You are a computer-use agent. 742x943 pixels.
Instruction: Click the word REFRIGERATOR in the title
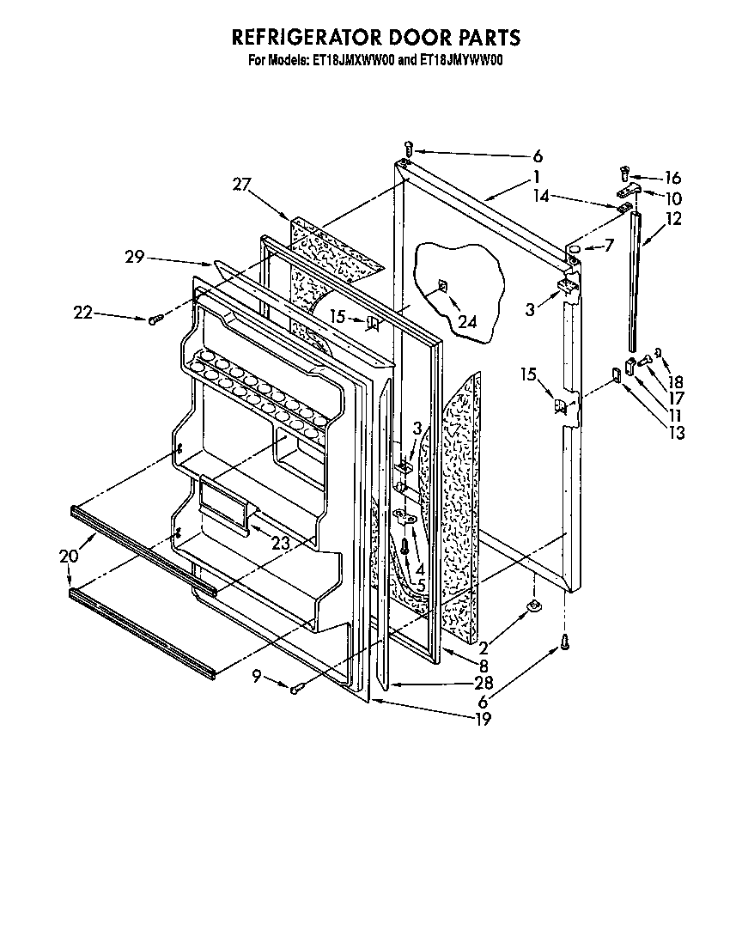pyautogui.click(x=301, y=39)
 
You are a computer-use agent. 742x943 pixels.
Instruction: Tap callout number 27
pyautogui.click(x=241, y=183)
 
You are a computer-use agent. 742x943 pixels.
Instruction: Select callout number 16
pyautogui.click(x=672, y=178)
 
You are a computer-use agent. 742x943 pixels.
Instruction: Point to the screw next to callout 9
pyautogui.click(x=295, y=688)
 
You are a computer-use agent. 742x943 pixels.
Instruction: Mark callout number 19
pyautogui.click(x=483, y=720)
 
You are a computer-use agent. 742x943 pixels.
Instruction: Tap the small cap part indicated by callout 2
pyautogui.click(x=533, y=609)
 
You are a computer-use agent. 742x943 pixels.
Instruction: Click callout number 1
pyautogui.click(x=536, y=177)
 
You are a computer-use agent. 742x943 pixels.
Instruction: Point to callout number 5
pyautogui.click(x=421, y=587)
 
